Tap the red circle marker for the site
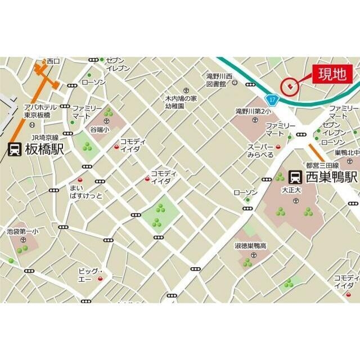click(290, 85)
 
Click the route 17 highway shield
click(272, 99)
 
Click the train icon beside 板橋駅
click(15, 150)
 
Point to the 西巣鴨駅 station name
click(331, 177)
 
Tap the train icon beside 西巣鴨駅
click(295, 177)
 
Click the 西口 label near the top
click(53, 61)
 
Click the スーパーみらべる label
click(260, 151)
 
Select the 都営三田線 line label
click(322, 165)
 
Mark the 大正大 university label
click(291, 190)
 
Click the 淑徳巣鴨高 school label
click(250, 246)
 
